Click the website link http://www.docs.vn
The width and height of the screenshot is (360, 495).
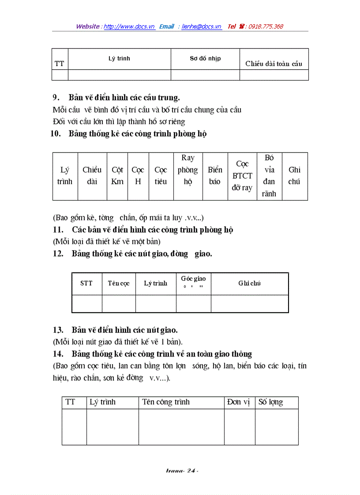click(129, 26)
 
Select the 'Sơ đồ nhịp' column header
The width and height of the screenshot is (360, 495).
click(205, 59)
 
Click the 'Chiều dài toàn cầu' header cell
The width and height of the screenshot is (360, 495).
click(274, 63)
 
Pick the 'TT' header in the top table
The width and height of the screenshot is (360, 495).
click(60, 63)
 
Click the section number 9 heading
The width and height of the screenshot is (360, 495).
click(56, 97)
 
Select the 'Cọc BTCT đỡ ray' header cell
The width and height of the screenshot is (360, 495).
click(242, 176)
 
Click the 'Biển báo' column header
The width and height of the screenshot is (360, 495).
click(215, 176)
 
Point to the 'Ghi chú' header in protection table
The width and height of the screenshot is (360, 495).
click(294, 176)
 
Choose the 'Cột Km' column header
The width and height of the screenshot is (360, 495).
click(117, 176)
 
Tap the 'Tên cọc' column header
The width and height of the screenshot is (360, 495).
click(119, 283)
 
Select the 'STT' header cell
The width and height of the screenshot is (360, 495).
click(86, 283)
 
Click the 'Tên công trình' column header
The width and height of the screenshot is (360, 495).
click(166, 402)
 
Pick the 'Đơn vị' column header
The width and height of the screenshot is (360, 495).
click(239, 402)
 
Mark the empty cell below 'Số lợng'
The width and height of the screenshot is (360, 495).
click(276, 427)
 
